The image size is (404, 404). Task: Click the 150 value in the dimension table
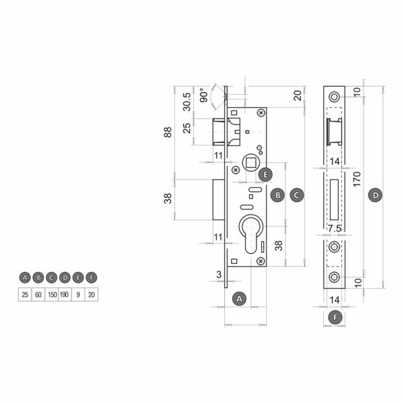click(52, 294)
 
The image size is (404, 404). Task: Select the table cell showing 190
click(65, 294)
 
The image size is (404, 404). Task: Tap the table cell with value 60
click(38, 294)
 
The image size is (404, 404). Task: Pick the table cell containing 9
click(78, 294)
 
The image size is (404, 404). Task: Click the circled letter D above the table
click(65, 277)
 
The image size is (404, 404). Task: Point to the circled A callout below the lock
click(239, 299)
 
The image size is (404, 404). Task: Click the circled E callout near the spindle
click(265, 174)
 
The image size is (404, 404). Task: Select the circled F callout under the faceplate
click(335, 317)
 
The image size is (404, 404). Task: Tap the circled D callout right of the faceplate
click(376, 195)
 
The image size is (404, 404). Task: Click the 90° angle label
click(204, 95)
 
